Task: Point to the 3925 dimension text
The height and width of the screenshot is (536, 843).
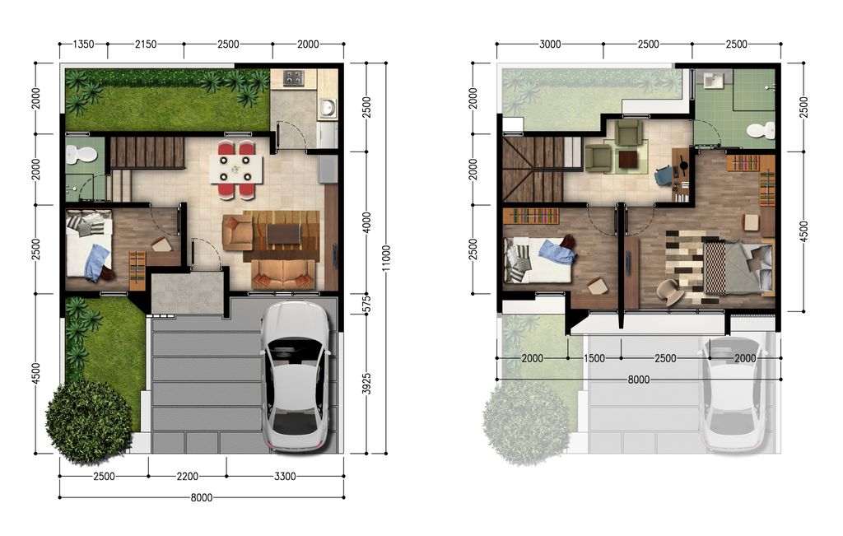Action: (368, 383)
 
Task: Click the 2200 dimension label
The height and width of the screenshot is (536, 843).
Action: (188, 477)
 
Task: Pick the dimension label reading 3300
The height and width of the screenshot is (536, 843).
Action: (286, 477)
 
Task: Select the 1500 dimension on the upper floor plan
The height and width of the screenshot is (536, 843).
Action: (594, 358)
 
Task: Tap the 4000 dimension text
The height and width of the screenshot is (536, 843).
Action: (368, 222)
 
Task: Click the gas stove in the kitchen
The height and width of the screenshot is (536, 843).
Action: (294, 78)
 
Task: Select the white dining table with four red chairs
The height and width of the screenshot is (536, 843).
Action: (236, 170)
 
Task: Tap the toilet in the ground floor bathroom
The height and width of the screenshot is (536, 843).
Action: (81, 154)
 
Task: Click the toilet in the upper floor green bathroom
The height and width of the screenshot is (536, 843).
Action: (761, 130)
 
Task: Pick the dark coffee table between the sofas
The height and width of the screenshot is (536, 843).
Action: (283, 234)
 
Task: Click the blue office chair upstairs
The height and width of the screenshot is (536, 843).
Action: (664, 175)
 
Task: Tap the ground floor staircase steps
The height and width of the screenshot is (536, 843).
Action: (147, 152)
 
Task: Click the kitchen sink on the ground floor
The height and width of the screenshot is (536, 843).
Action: (327, 108)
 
